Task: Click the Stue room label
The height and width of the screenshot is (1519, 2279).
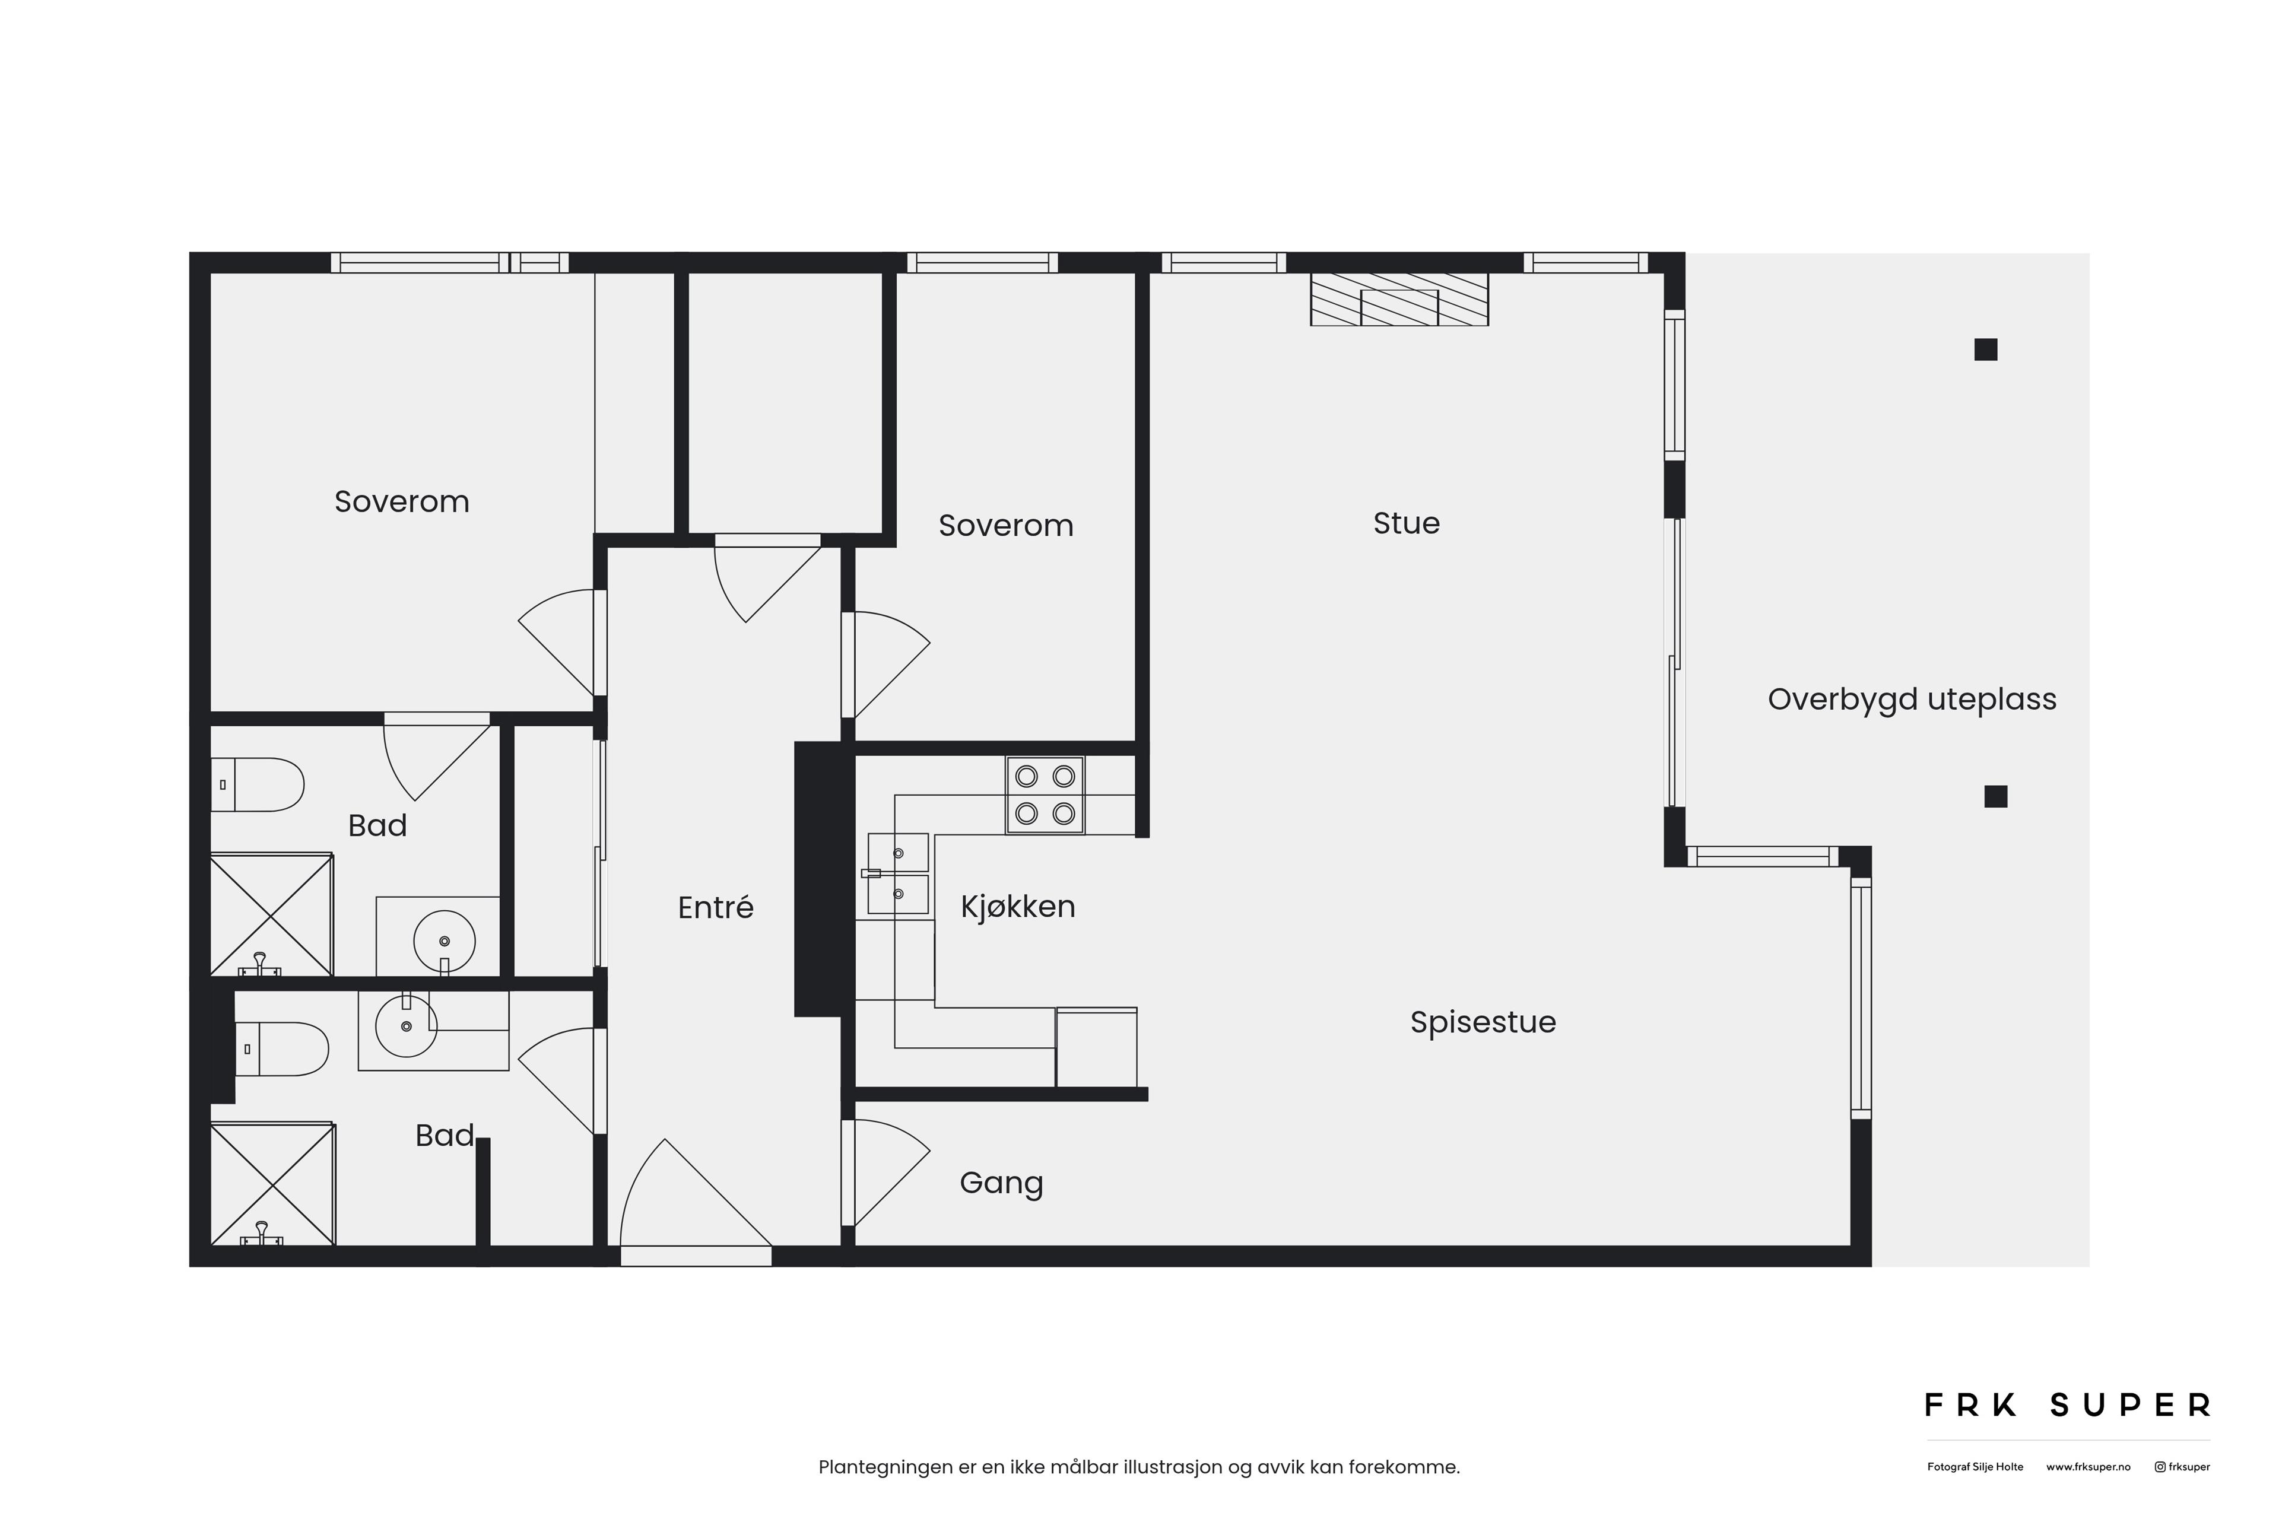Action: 1406,523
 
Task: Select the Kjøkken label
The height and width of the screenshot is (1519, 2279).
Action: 1017,907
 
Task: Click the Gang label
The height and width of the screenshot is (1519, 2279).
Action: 1001,1183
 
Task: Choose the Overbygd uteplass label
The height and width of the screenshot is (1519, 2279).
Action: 1912,700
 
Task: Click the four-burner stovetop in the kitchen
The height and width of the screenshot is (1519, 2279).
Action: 1045,795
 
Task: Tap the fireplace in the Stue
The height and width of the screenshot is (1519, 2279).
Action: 1399,299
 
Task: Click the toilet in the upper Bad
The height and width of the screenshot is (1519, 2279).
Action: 258,784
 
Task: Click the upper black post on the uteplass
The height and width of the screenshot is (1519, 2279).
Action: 1985,349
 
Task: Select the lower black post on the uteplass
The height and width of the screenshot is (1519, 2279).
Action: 1995,796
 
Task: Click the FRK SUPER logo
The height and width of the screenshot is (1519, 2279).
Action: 2067,1404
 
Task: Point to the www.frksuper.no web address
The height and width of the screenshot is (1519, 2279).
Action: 2088,1467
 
